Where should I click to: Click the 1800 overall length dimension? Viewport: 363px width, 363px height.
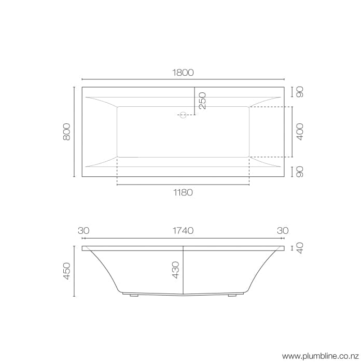click(x=183, y=73)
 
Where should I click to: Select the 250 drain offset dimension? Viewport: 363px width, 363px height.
click(x=202, y=100)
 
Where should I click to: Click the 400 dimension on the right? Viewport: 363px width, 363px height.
click(x=299, y=131)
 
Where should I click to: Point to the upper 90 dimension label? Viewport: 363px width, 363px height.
click(x=299, y=92)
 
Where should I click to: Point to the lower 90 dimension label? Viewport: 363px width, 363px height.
click(x=299, y=171)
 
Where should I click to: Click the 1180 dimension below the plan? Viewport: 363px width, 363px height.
click(x=183, y=192)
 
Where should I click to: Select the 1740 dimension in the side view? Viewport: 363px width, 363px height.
click(x=183, y=230)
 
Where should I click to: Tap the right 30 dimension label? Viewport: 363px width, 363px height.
click(x=283, y=230)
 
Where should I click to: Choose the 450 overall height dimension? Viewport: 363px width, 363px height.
click(x=66, y=271)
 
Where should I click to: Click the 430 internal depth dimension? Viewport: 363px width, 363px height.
click(x=175, y=271)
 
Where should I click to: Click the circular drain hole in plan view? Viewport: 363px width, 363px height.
click(x=182, y=115)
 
